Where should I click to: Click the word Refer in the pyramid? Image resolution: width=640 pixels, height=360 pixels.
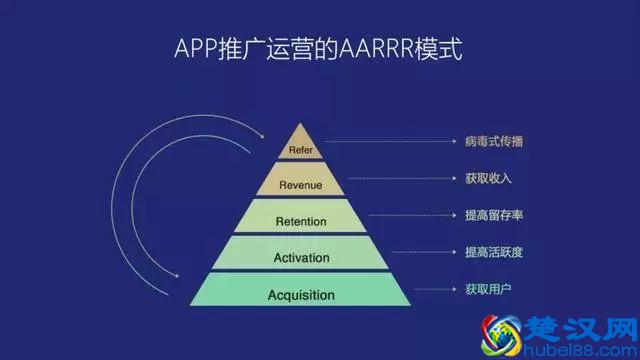[x=301, y=150]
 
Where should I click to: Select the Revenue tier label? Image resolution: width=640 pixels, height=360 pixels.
[x=301, y=185]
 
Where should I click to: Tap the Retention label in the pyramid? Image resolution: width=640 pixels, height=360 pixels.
[x=301, y=221]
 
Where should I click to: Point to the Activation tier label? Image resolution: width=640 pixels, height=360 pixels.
[x=301, y=258]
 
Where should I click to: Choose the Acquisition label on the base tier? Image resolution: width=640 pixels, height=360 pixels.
[x=301, y=295]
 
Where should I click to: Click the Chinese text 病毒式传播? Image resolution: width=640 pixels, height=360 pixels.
[x=494, y=141]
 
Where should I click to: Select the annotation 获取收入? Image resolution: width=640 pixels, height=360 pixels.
[x=486, y=179]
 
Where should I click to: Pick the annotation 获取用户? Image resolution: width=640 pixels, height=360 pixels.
[x=486, y=288]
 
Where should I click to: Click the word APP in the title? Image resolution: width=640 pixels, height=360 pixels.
[x=194, y=48]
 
